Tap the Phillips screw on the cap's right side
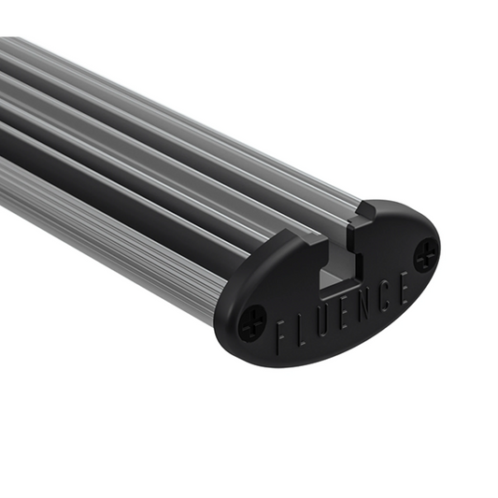[425, 252]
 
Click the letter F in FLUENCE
[282, 334]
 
